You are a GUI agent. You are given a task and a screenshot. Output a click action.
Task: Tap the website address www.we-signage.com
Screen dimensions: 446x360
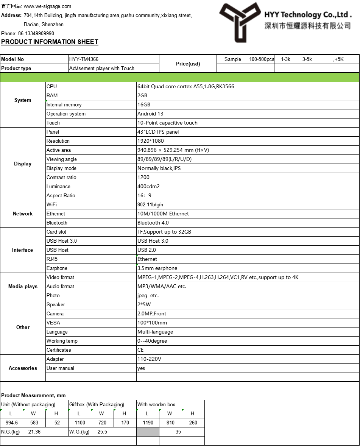coord(47,6)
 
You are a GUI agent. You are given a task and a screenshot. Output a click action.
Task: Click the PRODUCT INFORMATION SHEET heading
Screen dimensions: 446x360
coord(50,42)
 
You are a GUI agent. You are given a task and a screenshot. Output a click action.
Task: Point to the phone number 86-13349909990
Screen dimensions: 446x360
coord(36,33)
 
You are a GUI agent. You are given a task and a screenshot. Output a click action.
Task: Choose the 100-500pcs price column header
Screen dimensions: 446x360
coord(262,59)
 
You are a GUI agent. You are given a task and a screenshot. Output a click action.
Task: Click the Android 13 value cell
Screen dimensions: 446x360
coord(150,114)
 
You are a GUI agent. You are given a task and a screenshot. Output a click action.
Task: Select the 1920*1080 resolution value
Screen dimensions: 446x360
coord(151,141)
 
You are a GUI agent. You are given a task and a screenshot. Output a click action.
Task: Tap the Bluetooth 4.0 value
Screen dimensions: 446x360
coord(153,223)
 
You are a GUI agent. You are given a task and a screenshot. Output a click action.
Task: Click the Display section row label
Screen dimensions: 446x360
coord(23,164)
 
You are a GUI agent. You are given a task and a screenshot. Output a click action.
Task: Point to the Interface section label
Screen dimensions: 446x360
coord(23,250)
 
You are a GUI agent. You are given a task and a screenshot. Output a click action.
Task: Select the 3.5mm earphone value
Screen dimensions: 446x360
coord(157,268)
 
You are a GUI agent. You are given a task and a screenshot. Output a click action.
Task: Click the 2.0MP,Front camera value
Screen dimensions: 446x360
coord(152,313)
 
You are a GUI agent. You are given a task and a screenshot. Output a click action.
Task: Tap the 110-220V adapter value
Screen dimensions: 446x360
coord(149,359)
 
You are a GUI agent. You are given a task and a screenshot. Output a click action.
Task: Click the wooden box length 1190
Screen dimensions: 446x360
coord(148,423)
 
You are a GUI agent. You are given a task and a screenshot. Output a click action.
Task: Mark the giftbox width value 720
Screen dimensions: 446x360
coord(102,423)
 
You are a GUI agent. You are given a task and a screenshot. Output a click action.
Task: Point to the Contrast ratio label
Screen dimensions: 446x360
coord(61,177)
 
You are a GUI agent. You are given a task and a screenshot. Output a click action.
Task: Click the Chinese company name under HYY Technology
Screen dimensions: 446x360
coord(307,26)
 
